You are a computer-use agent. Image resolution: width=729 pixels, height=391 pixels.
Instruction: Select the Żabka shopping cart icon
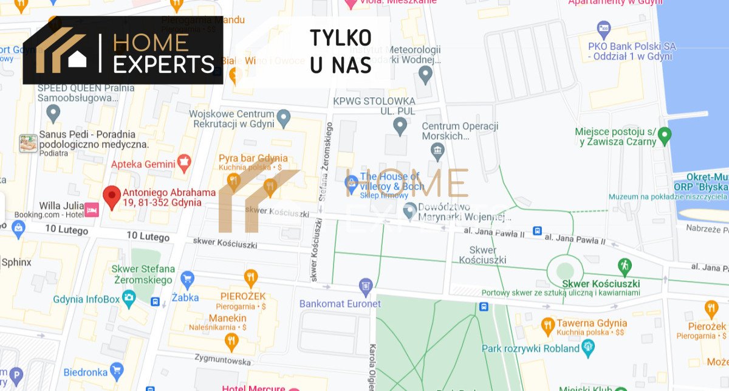(187, 279)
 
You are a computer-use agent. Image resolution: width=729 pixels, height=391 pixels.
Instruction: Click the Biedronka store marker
(117, 370)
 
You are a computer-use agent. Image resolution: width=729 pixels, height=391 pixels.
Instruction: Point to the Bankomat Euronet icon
(366, 285)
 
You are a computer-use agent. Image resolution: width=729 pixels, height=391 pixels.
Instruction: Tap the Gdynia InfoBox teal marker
(129, 298)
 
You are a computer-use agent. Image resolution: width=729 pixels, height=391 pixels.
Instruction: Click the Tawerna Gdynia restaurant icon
(547, 324)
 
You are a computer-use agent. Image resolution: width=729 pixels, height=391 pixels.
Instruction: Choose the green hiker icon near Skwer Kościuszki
(625, 265)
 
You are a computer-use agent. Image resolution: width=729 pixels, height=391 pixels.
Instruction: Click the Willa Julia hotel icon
(92, 209)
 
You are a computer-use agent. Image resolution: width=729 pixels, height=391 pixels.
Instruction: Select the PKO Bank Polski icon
(603, 27)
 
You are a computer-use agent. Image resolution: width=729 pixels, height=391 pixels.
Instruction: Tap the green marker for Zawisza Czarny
(665, 134)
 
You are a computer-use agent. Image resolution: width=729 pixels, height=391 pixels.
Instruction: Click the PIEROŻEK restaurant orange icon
(250, 278)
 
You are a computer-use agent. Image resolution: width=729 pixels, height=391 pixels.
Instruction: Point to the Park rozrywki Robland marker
(587, 348)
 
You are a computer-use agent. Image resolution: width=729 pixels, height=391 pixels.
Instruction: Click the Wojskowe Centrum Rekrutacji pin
(283, 116)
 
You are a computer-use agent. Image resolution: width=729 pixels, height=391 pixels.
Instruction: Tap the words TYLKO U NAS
(341, 51)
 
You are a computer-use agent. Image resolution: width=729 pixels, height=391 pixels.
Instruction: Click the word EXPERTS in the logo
(164, 64)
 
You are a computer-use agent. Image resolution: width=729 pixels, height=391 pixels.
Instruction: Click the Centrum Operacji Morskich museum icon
(437, 149)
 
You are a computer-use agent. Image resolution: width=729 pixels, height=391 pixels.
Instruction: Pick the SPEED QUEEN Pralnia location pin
(54, 112)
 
